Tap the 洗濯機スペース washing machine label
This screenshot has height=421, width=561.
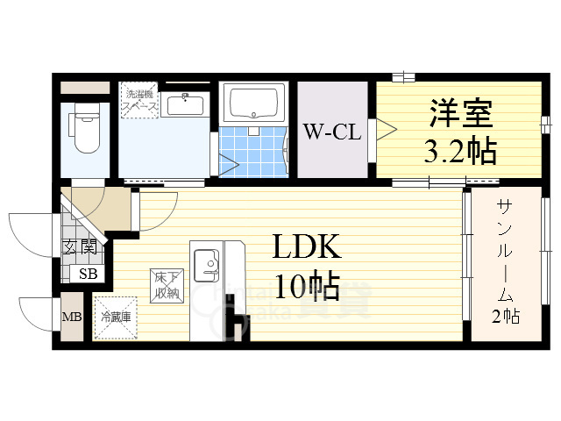point(140,100)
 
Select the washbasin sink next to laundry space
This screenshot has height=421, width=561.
point(184,106)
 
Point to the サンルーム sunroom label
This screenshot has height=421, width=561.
point(507,250)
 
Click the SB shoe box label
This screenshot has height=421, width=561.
point(89,274)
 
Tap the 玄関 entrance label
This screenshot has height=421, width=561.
point(79,247)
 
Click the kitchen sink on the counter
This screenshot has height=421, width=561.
point(207,261)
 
